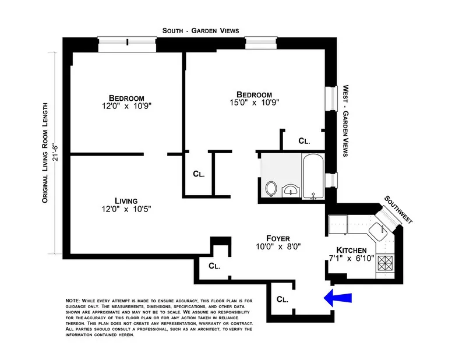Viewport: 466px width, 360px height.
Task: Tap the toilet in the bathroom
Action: click(x=271, y=188)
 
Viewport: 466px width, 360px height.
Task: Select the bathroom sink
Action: click(x=290, y=190)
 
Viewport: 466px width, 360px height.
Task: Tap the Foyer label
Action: click(x=278, y=238)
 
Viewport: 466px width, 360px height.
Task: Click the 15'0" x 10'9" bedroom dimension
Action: click(x=254, y=103)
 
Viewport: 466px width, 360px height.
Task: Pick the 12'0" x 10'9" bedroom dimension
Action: click(x=126, y=107)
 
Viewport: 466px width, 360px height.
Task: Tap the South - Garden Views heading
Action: click(x=201, y=31)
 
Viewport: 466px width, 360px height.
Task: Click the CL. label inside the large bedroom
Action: click(x=304, y=140)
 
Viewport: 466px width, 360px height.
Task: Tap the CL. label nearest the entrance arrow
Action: click(x=283, y=299)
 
